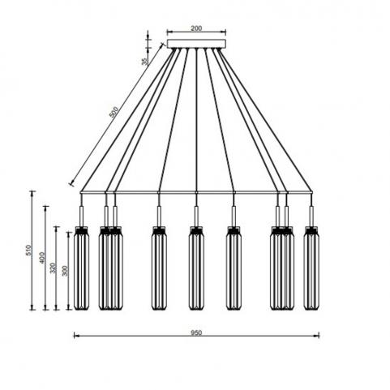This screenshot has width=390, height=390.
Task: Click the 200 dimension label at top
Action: pos(196,28)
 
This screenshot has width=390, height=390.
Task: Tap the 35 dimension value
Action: pos(145,62)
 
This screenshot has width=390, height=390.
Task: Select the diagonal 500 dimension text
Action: pos(114,112)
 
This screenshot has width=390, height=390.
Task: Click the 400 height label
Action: pos(41,258)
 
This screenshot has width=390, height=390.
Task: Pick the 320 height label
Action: pos(53,268)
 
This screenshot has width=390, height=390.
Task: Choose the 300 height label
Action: pos(65,271)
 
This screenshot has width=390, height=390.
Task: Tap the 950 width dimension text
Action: pos(196,332)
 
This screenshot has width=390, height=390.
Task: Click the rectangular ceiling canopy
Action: pos(196,44)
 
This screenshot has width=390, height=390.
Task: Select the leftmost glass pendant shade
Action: pos(82,268)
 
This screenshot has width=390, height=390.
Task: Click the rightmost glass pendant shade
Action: pos(311,268)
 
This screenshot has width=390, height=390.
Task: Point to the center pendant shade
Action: pos(196,268)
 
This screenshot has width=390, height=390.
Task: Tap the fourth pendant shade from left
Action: pos(159,268)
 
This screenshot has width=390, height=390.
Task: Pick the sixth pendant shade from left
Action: pos(234,268)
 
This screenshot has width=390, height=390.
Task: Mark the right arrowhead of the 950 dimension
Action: pos(317,336)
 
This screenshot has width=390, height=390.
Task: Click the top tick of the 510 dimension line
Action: pos(32,191)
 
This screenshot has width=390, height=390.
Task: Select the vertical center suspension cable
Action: pos(196,120)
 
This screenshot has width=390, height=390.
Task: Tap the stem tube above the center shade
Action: pos(196,216)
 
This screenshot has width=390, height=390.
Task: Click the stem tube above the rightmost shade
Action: pos(311,216)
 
